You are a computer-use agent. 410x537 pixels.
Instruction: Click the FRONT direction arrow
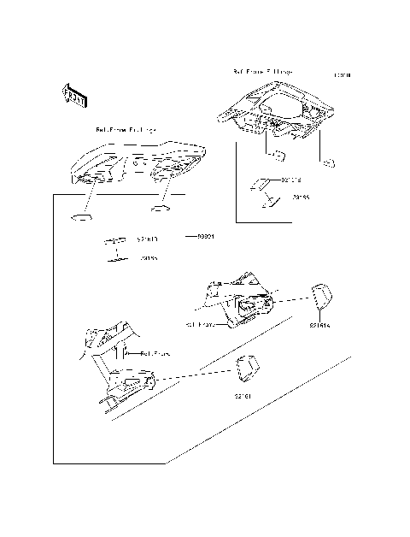[x=73, y=95]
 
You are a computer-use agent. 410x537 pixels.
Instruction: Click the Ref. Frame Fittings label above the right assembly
[x=263, y=72]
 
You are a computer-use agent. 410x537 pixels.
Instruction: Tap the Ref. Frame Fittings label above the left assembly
[x=126, y=130]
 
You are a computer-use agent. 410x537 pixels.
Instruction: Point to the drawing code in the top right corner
[x=343, y=76]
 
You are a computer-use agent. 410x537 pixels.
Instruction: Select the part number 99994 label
[x=205, y=235]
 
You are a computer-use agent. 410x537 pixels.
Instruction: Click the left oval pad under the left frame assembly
[x=79, y=217]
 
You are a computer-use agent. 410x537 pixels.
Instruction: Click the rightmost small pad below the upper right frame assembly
[x=327, y=161]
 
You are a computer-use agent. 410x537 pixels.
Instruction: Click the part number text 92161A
[x=319, y=325]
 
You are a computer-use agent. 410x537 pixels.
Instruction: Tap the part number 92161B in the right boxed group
[x=290, y=180]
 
